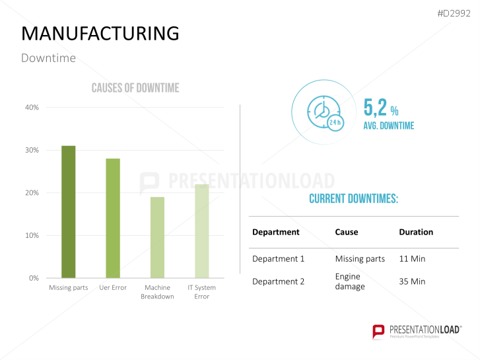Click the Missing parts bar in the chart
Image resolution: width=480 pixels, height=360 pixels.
coord(68,211)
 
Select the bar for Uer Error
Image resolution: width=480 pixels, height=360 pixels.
coord(113,218)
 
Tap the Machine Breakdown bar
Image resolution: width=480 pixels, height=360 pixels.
coord(157,237)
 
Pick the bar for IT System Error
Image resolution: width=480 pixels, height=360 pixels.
coord(201,231)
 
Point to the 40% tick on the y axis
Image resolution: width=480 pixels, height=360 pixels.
coord(32,108)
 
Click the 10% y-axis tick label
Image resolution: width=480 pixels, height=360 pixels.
coord(32,236)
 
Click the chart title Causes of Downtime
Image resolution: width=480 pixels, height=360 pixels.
coord(135,88)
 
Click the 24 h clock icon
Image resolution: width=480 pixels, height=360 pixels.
coord(325,112)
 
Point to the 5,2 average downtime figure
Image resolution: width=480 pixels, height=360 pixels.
coord(375,108)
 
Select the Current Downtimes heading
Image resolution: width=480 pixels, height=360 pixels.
coord(353,199)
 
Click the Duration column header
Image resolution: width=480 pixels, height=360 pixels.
coord(416,233)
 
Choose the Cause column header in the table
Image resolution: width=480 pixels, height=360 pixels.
coord(347,233)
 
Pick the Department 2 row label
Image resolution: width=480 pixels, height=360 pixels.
coord(279,281)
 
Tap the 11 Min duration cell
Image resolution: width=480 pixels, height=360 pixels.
coord(412,259)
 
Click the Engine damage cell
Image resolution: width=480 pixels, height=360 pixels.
coord(350,281)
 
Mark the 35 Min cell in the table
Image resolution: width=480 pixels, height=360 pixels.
coord(412,281)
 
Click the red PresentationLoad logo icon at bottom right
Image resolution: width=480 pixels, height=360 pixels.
coord(378,332)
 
